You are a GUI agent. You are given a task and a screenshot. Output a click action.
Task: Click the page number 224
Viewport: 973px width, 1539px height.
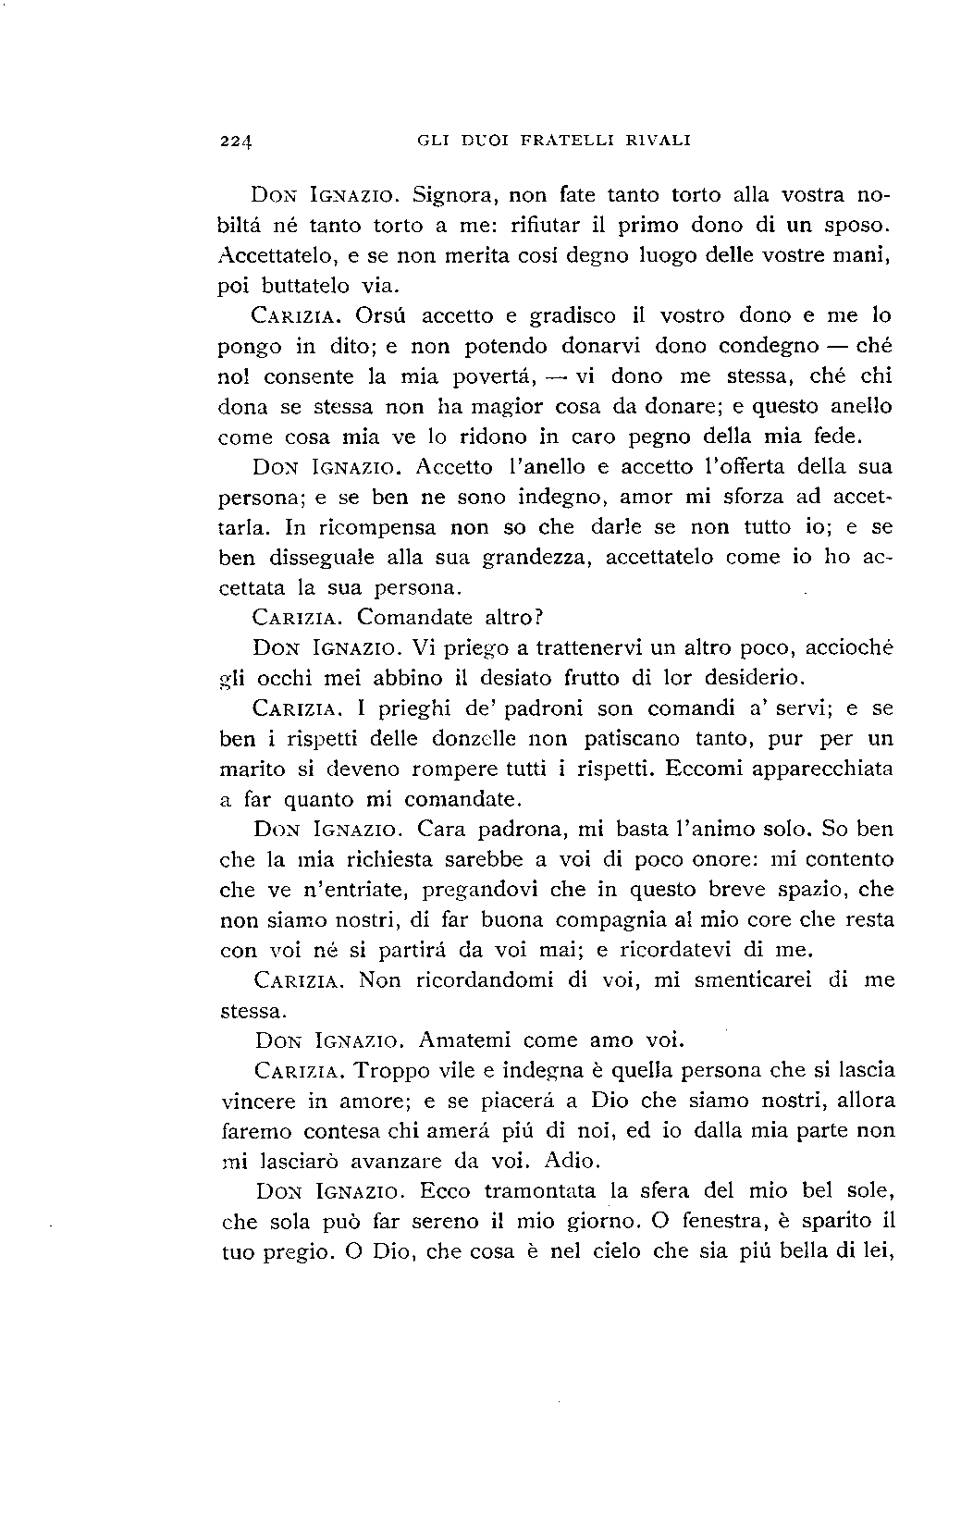238,142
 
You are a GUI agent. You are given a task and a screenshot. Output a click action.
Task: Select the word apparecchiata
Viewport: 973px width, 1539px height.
814,769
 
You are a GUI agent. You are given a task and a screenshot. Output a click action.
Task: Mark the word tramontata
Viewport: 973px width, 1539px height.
535,1190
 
